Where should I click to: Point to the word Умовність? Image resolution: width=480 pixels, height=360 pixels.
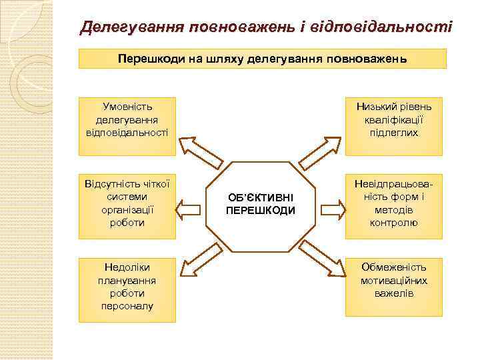click(x=127, y=107)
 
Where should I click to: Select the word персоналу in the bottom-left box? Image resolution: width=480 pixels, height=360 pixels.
click(x=127, y=306)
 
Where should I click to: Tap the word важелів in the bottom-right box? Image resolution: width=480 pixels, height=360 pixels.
click(x=393, y=293)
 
